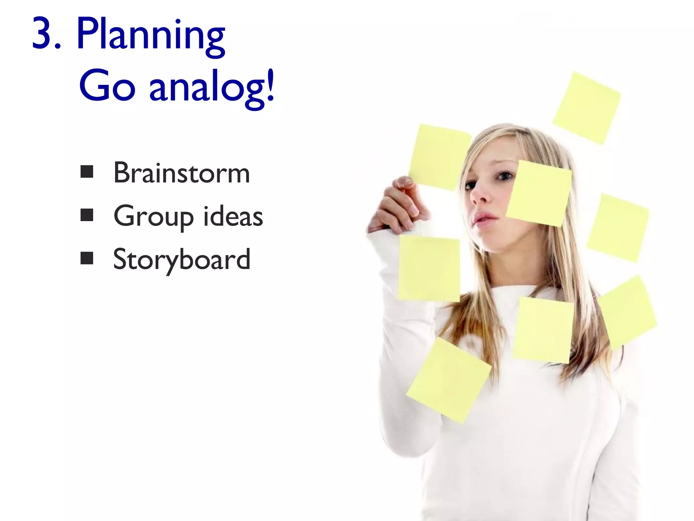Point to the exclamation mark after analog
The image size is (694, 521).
[270, 85]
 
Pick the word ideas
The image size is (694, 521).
[233, 216]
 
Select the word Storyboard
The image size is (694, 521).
[182, 260]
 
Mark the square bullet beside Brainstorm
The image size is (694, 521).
[87, 172]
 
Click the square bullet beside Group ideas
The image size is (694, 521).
[87, 215]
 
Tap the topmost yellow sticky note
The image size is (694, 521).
[587, 108]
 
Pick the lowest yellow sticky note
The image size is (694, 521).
[449, 380]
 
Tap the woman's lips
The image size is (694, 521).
[485, 218]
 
